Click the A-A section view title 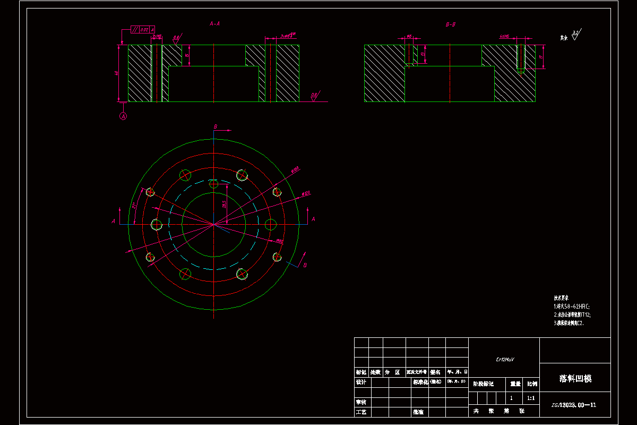(x=214, y=24)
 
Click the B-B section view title (x=451, y=24)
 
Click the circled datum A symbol (x=124, y=116)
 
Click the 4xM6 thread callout (x=504, y=37)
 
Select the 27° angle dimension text (x=135, y=205)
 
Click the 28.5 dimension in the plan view (x=224, y=204)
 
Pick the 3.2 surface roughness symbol (x=575, y=36)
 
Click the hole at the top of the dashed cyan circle (x=213, y=184)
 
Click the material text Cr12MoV (x=504, y=360)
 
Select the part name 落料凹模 (x=575, y=378)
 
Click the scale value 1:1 (x=531, y=397)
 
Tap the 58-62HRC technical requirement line (x=572, y=307)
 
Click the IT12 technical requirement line (x=572, y=314)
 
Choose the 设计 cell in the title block (x=361, y=382)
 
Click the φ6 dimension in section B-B (x=409, y=37)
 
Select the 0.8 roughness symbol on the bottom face (x=314, y=96)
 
